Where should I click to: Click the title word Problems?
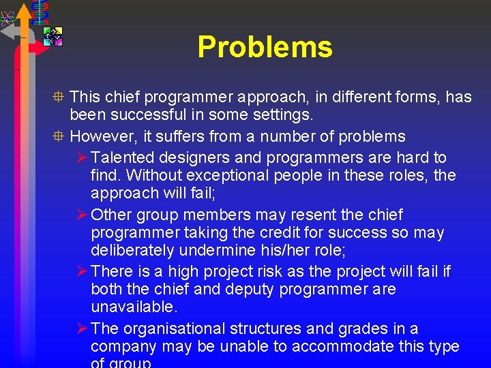point(265,47)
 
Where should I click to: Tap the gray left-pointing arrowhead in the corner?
point(8,31)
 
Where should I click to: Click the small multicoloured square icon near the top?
point(53,35)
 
